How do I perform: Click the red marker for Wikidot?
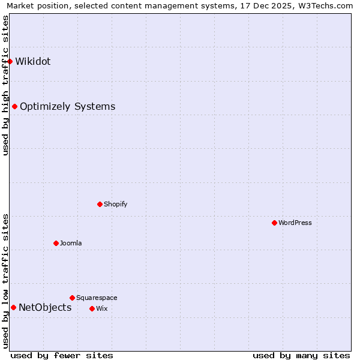pos(10,61)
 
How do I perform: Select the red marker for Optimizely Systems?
pos(14,107)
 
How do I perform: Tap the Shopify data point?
pos(100,204)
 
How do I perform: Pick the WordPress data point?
pos(274,223)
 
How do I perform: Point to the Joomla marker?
pos(56,243)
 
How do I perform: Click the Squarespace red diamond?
pos(72,298)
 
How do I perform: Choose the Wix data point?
pos(92,308)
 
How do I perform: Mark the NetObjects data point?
pos(13,308)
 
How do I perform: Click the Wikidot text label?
pos(33,61)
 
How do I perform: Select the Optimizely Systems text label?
pos(67,107)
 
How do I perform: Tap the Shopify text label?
pos(115,204)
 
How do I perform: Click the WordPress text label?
pos(295,223)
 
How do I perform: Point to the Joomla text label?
pos(71,243)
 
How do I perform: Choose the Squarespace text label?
pos(97,298)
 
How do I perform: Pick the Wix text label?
pos(101,308)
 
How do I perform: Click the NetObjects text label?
pos(45,308)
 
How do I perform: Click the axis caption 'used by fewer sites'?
pos(62,355)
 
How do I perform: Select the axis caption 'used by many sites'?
pos(301,355)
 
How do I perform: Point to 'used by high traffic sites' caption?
pos(6,85)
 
